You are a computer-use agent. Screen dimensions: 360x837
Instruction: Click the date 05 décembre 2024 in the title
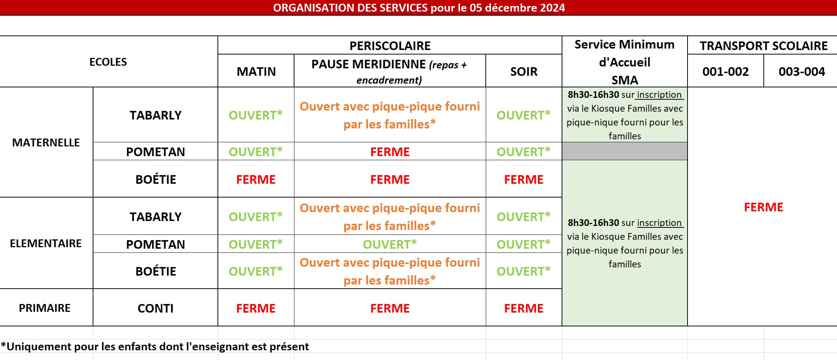click(x=517, y=8)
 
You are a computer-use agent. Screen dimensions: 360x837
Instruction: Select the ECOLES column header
click(x=108, y=62)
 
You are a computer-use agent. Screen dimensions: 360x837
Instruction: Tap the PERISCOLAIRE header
click(x=390, y=46)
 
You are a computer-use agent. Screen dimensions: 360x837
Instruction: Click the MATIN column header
click(x=256, y=72)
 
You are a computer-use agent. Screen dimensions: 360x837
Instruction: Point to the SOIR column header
click(x=523, y=72)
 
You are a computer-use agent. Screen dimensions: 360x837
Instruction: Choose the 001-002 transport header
click(x=725, y=72)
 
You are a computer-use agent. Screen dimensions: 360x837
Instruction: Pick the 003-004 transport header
click(x=802, y=72)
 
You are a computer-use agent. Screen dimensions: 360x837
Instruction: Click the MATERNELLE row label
click(x=46, y=143)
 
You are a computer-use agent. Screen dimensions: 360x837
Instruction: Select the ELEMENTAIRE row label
click(x=46, y=243)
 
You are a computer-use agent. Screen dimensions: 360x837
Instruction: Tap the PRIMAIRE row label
click(x=44, y=308)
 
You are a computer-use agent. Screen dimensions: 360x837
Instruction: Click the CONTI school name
click(x=155, y=308)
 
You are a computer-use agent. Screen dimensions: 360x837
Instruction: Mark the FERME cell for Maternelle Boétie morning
click(x=256, y=180)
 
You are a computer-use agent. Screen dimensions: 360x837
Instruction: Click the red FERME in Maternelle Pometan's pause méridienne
click(x=390, y=152)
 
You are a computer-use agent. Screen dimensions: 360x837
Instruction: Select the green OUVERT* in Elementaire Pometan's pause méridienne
click(x=390, y=245)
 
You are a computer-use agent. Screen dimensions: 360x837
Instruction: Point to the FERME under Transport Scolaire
click(x=763, y=207)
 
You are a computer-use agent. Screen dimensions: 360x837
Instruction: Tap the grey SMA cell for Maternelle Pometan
click(x=624, y=151)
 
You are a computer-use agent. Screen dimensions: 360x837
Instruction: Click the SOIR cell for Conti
click(x=523, y=308)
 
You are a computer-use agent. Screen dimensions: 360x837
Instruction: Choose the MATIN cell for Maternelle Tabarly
click(x=256, y=115)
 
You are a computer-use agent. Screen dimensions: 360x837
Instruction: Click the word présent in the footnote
click(x=289, y=347)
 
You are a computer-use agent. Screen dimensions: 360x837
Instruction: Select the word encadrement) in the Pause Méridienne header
click(x=389, y=80)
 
